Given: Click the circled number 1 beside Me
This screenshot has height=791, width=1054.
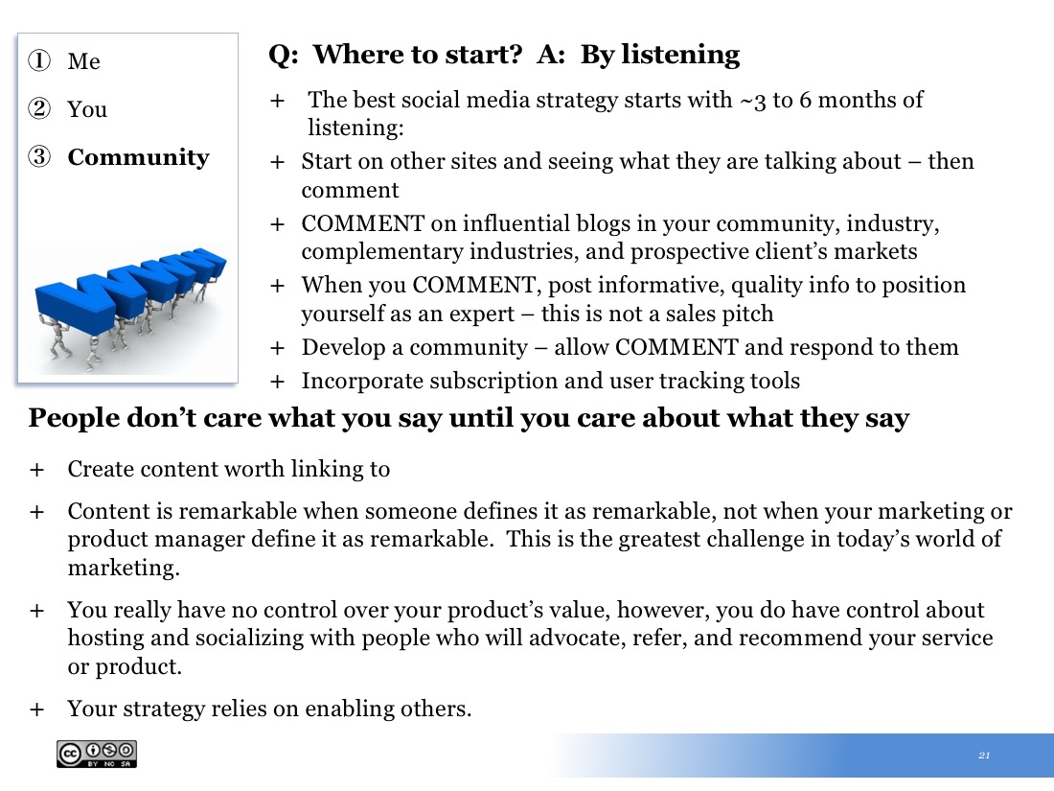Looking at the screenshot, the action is [x=39, y=60].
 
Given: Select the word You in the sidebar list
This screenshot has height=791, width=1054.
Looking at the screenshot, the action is [x=86, y=109].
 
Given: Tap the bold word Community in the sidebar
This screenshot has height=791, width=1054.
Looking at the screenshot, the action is [x=139, y=157].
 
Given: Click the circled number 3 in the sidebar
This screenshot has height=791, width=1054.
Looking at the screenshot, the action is [x=39, y=156].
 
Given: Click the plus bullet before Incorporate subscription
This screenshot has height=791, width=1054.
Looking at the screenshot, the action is [x=277, y=382].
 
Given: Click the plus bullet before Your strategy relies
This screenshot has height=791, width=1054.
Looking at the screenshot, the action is [x=36, y=710].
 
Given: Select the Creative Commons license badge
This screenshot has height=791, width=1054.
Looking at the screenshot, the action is [x=97, y=754].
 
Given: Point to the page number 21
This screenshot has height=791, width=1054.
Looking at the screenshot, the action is [x=984, y=756].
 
